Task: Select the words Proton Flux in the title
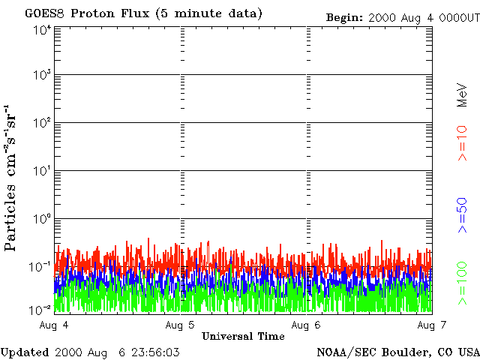tap(113, 13)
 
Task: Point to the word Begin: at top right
tap(344, 17)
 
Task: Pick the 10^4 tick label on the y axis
tap(41, 30)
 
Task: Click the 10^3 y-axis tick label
tap(41, 76)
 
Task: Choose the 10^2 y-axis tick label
tap(41, 124)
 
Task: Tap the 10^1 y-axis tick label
tap(41, 172)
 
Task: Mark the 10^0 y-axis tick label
tap(41, 220)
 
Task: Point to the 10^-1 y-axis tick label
tap(41, 267)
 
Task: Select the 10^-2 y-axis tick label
tap(41, 309)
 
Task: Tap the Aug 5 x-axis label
tap(180, 324)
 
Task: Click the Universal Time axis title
tap(243, 336)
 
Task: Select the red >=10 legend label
tap(462, 142)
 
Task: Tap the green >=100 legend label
tap(462, 283)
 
